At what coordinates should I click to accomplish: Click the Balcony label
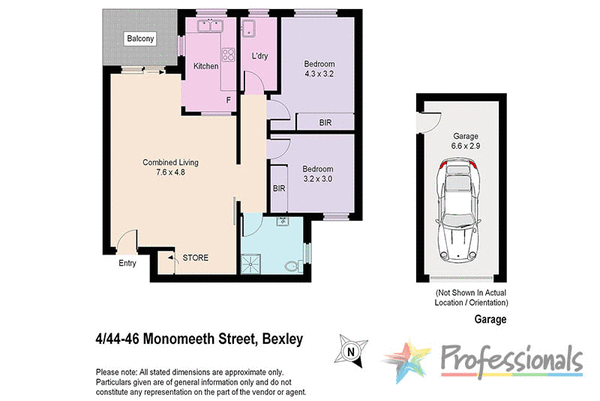tap(139, 39)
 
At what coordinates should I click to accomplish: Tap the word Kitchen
tap(206, 66)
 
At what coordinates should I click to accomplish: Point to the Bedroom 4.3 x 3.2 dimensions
tap(320, 74)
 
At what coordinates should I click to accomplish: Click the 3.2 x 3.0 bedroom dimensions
tap(320, 177)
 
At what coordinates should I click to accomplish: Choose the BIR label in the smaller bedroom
tap(279, 187)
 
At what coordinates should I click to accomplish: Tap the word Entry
tap(127, 264)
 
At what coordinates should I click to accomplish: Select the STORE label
tap(194, 258)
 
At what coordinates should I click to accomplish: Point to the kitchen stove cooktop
tap(229, 56)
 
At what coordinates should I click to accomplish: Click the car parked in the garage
tap(460, 212)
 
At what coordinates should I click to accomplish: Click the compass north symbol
tap(348, 350)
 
